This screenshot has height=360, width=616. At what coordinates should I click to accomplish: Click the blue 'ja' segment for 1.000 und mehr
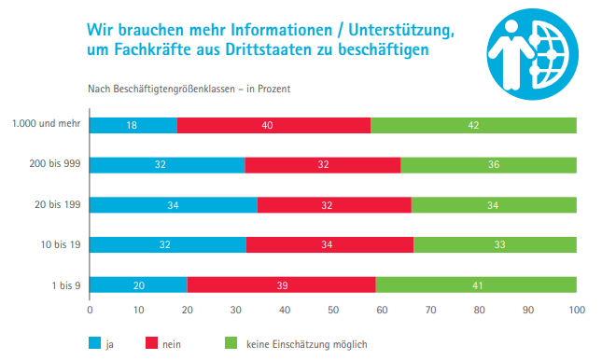(133, 125)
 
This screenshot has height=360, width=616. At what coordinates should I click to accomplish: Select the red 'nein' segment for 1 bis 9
(281, 284)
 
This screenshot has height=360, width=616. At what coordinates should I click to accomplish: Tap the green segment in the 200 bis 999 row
(488, 165)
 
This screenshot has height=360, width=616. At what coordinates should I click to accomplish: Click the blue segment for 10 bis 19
(167, 244)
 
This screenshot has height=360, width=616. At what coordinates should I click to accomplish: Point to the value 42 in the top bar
(473, 125)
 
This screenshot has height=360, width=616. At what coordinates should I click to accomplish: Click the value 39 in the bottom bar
(281, 284)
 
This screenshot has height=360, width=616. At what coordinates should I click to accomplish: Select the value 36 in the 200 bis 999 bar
(488, 165)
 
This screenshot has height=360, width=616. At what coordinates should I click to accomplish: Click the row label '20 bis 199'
(55, 204)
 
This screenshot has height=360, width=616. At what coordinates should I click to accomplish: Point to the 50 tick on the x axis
(333, 308)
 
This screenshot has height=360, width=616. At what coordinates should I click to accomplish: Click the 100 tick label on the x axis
(576, 308)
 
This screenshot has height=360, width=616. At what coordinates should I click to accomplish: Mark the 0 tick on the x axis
(90, 308)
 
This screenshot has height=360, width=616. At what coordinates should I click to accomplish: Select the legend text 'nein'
(172, 344)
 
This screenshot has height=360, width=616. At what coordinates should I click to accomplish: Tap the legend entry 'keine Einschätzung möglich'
(303, 344)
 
